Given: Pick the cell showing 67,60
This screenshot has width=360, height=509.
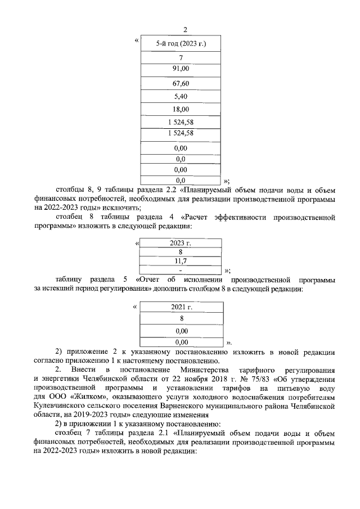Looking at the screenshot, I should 181,83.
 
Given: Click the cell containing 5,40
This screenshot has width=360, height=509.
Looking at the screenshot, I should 181,97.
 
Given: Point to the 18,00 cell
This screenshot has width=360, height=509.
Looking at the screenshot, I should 181,110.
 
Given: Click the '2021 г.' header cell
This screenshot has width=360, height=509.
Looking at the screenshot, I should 181,308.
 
